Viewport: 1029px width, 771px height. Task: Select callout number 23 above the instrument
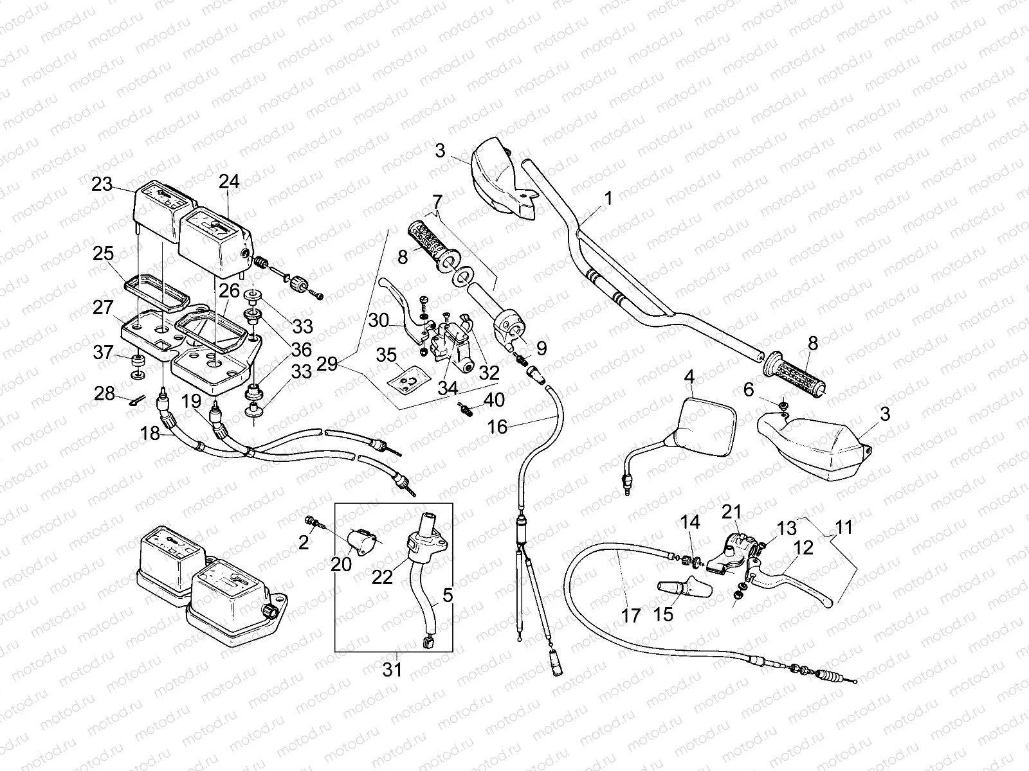(102, 184)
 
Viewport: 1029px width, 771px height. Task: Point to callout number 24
(229, 182)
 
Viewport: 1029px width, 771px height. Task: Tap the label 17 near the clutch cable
(632, 616)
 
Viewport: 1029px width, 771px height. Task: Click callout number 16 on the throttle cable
(497, 427)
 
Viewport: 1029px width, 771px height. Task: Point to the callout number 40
(494, 400)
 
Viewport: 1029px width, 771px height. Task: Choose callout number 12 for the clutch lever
(804, 547)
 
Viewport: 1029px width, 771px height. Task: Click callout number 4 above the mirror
(689, 377)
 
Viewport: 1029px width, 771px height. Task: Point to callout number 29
(327, 365)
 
